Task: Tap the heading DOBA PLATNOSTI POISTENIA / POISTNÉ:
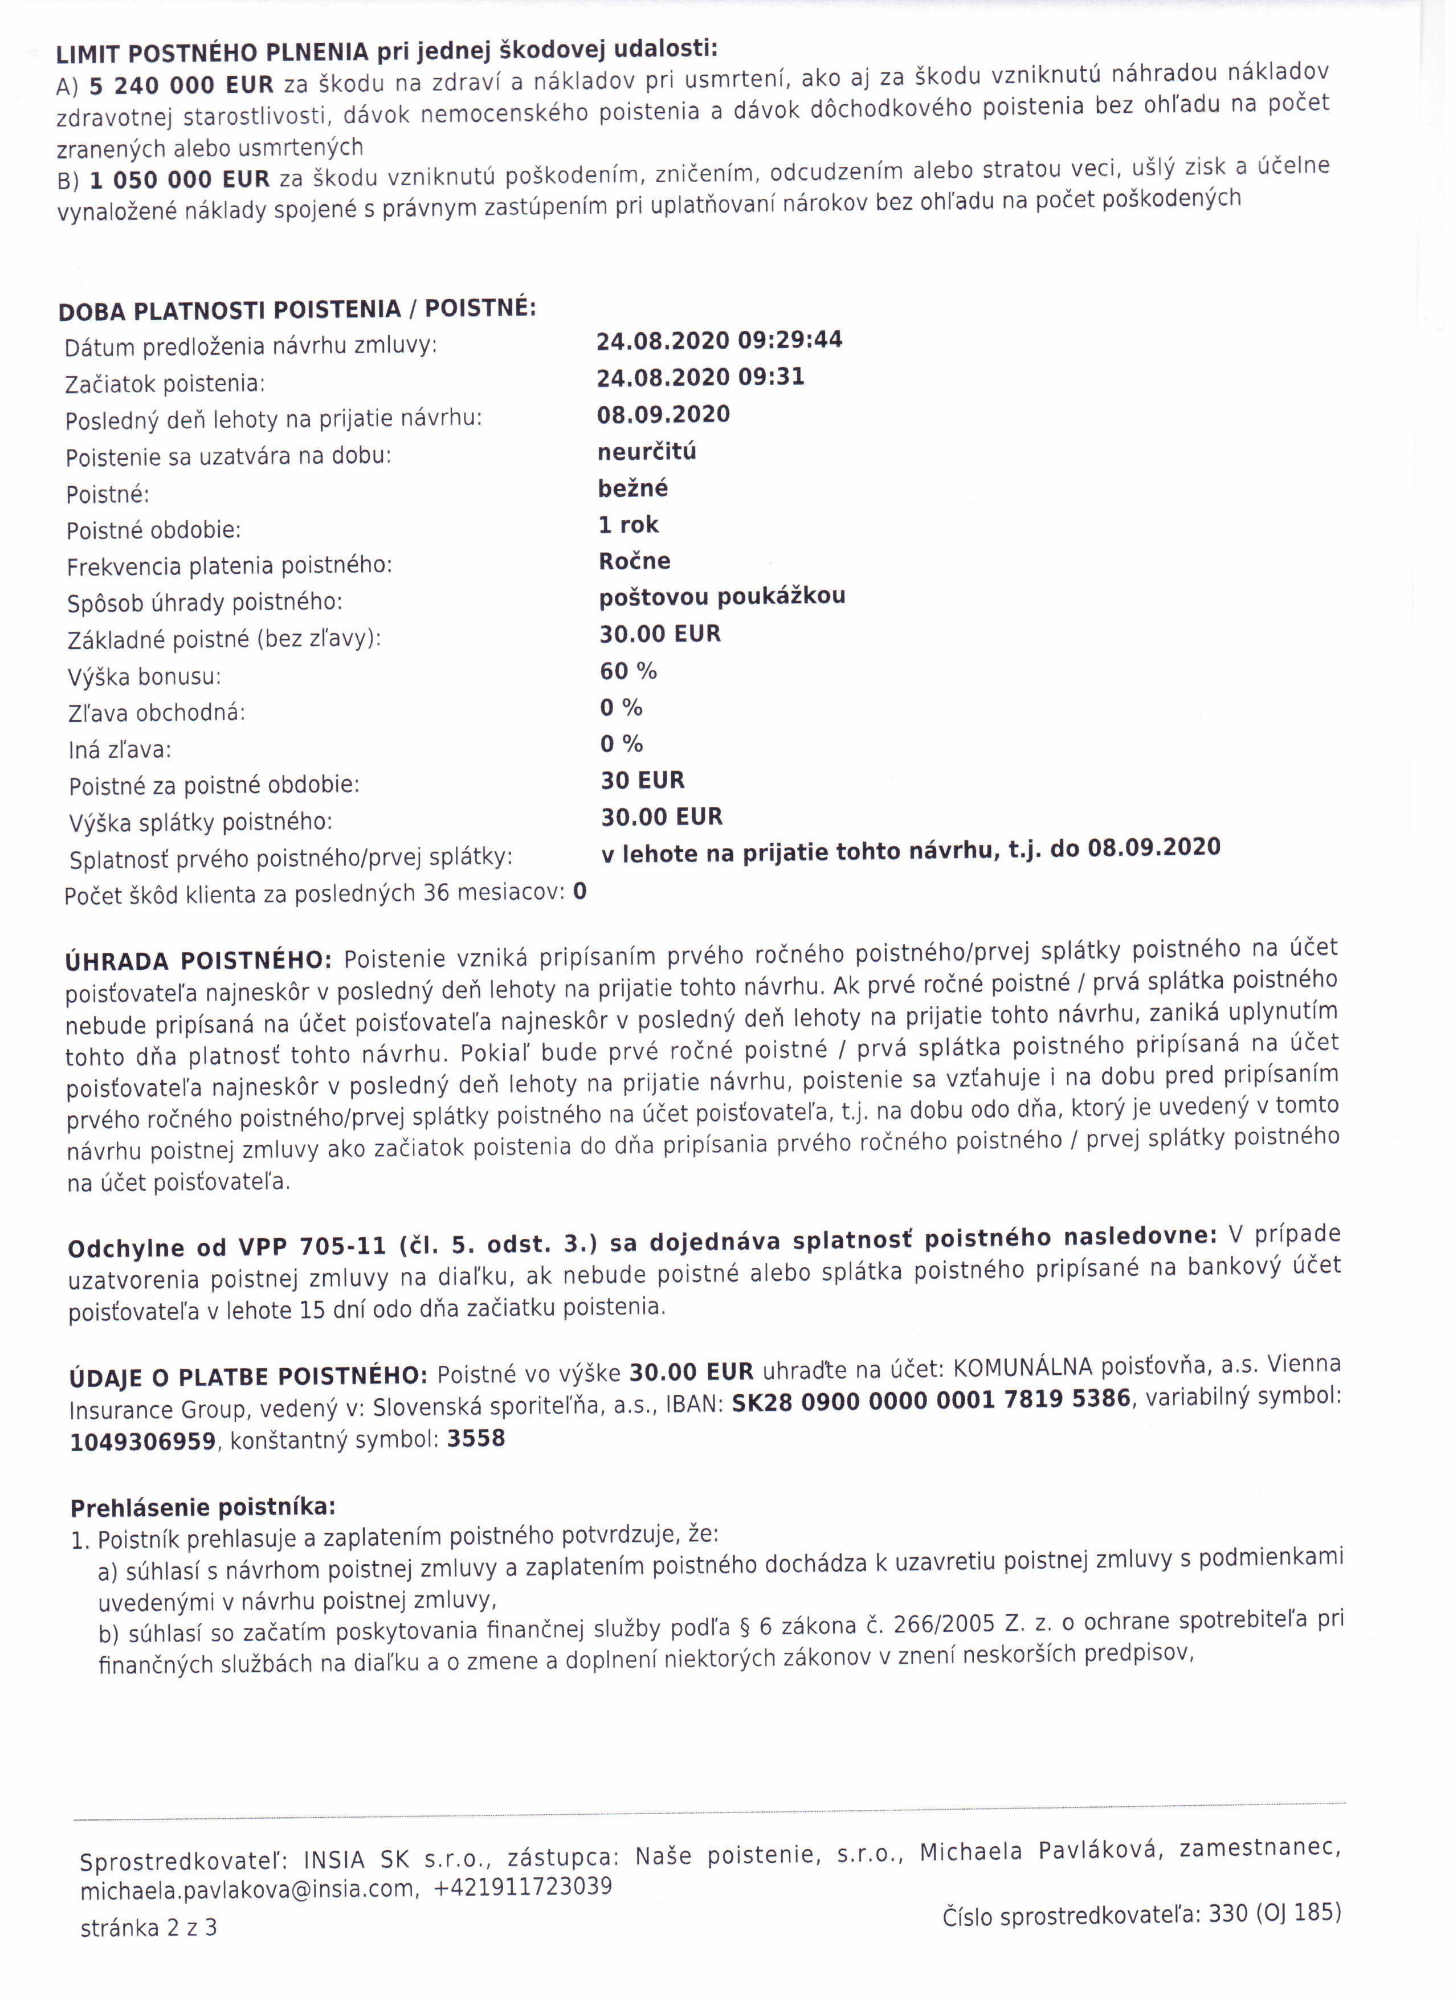click(x=296, y=309)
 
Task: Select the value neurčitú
click(x=646, y=451)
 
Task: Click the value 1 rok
click(x=628, y=525)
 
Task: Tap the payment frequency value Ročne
click(x=634, y=561)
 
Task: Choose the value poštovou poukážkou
click(x=721, y=597)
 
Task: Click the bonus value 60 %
click(x=628, y=671)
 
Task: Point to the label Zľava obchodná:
click(x=157, y=712)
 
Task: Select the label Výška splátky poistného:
click(x=201, y=822)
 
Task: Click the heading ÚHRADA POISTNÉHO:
click(x=198, y=960)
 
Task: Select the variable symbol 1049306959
click(x=143, y=1441)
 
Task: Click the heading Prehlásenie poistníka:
click(x=203, y=1507)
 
